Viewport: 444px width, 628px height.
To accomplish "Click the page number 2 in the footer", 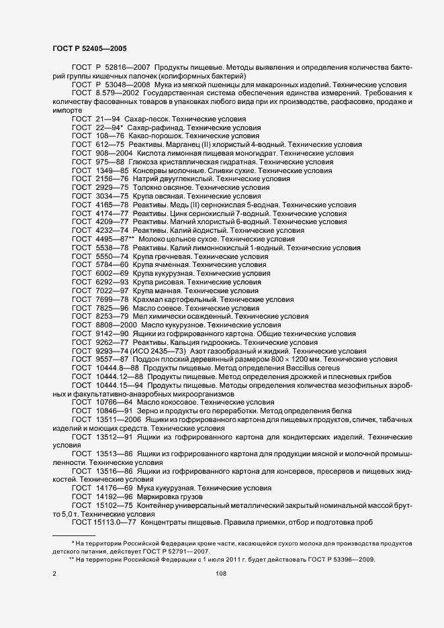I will [54, 574].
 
